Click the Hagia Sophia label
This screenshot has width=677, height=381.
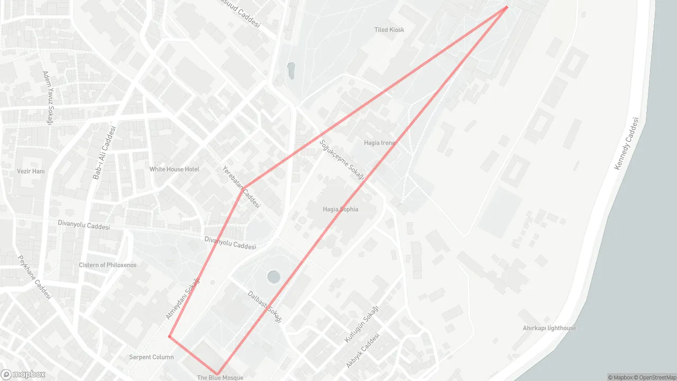(340, 209)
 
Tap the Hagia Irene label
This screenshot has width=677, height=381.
(379, 143)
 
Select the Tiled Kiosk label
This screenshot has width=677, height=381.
(389, 30)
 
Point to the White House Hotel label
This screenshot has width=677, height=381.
(174, 169)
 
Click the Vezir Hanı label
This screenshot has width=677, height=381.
(31, 171)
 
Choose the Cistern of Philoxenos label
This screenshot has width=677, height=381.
(107, 265)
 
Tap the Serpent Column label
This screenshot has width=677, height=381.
(151, 357)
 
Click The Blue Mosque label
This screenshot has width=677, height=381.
(220, 377)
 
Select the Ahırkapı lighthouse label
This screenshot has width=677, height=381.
(549, 328)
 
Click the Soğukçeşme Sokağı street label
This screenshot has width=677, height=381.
(342, 159)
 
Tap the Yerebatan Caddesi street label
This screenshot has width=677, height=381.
(241, 187)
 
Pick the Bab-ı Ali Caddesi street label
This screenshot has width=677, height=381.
(104, 153)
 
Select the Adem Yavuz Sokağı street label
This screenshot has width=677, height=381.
(49, 98)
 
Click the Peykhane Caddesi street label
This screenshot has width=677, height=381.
(35, 277)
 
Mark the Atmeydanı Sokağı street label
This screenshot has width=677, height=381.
(183, 298)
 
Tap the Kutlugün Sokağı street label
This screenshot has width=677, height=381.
(362, 324)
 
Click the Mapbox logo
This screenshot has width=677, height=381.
(23, 374)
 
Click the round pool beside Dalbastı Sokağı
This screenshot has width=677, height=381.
(273, 276)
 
